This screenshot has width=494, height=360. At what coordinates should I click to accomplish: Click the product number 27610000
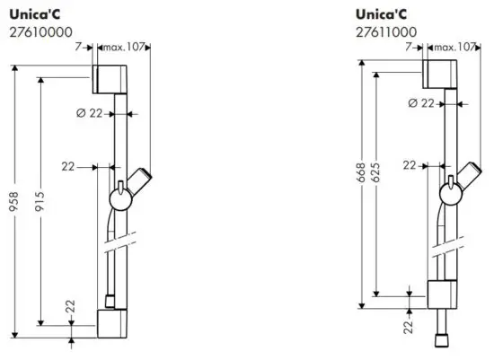click(41, 32)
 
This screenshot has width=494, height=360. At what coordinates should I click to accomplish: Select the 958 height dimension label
click(13, 202)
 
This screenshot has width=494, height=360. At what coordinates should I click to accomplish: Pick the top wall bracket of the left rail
click(110, 79)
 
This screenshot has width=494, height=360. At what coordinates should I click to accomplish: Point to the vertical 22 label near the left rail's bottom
click(70, 310)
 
